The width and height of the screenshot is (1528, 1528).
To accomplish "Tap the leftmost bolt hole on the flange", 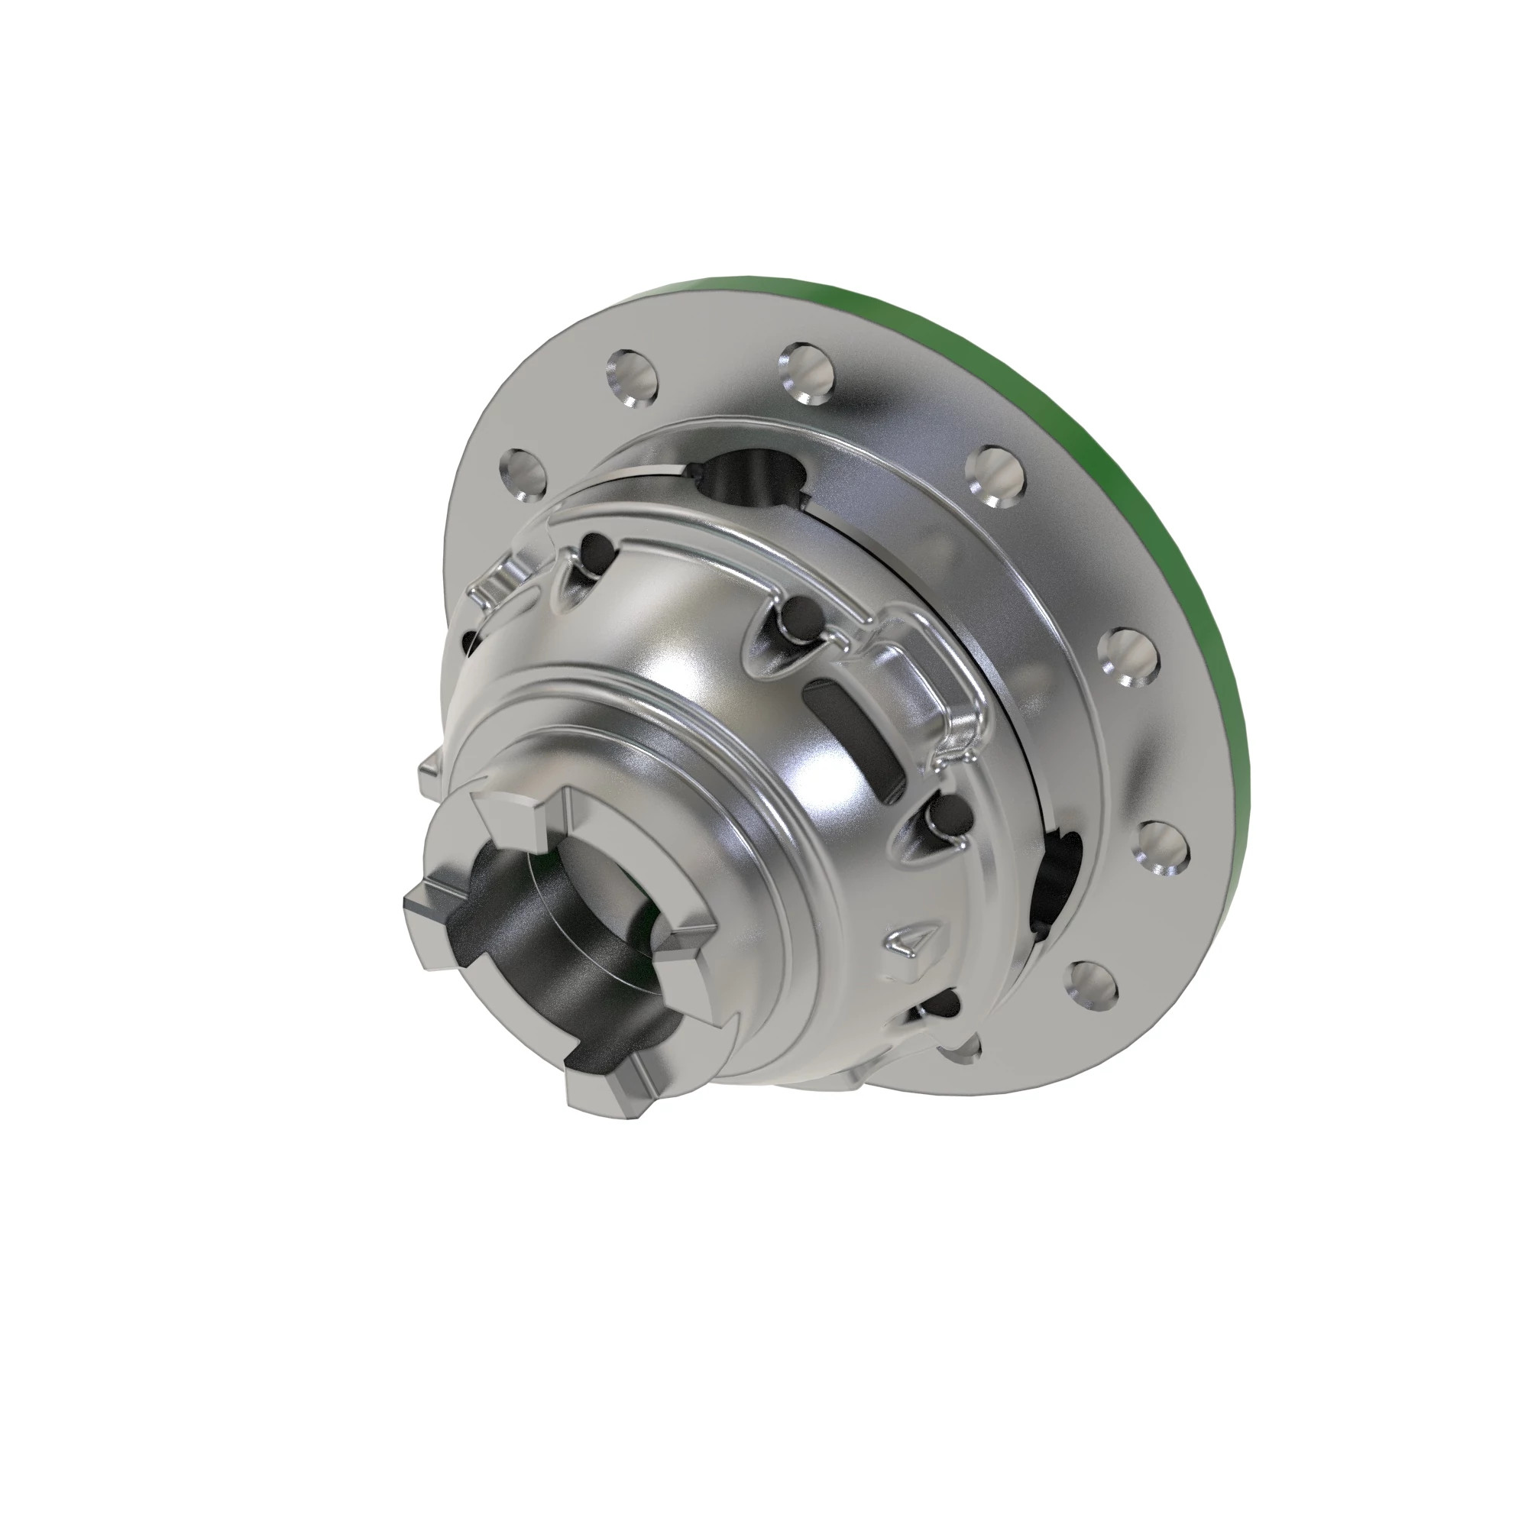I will (523, 476).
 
